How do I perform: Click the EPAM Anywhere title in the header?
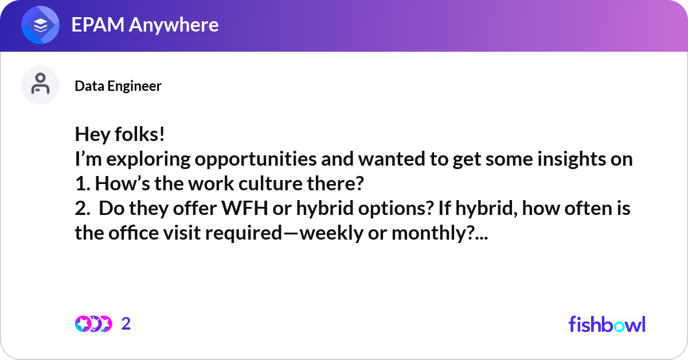[x=145, y=25]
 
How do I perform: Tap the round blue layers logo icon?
[x=40, y=25]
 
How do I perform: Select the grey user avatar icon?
[x=40, y=85]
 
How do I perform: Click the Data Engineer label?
[x=118, y=86]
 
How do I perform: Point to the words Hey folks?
[x=120, y=134]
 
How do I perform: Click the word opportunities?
[x=256, y=159]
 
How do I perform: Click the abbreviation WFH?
[x=244, y=208]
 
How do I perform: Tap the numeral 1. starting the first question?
[x=83, y=183]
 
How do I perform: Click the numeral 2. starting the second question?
[x=83, y=208]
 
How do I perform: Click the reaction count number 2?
[x=126, y=324]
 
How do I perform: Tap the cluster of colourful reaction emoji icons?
[x=93, y=324]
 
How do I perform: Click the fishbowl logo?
[x=607, y=324]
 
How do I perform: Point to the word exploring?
[x=148, y=159]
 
